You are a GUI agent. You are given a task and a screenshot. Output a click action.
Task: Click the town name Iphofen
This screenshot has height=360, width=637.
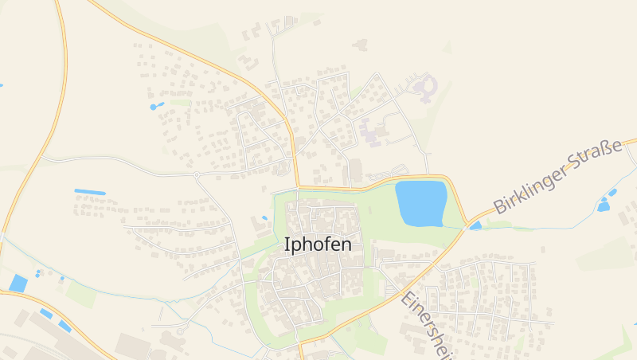(317, 245)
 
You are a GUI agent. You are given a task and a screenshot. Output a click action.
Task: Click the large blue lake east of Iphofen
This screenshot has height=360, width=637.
(420, 202)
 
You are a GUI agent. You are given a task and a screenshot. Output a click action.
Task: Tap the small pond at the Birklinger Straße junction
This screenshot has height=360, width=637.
(475, 225)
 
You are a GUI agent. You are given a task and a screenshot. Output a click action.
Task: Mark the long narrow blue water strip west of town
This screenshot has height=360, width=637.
(90, 192)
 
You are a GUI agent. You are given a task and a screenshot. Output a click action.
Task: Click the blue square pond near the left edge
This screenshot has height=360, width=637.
(18, 283)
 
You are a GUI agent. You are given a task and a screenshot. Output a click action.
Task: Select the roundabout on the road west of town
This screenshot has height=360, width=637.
(196, 174)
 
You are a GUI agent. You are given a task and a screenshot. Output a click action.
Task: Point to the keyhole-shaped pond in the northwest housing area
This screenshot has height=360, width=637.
(156, 106)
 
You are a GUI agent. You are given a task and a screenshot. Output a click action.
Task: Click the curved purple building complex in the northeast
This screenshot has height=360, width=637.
(425, 87)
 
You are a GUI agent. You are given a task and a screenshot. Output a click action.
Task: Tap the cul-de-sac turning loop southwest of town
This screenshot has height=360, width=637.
(182, 327)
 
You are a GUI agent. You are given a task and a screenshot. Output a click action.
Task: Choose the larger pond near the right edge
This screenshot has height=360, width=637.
(604, 206)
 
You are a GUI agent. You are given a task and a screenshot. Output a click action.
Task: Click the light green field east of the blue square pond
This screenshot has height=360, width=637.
(80, 292)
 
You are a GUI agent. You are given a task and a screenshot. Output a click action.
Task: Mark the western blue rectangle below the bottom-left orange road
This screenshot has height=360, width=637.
(46, 314)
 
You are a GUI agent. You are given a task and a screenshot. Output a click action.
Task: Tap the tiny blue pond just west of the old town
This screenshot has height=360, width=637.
(264, 217)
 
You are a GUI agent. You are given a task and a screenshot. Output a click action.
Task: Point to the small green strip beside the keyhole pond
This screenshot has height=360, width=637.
(180, 102)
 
